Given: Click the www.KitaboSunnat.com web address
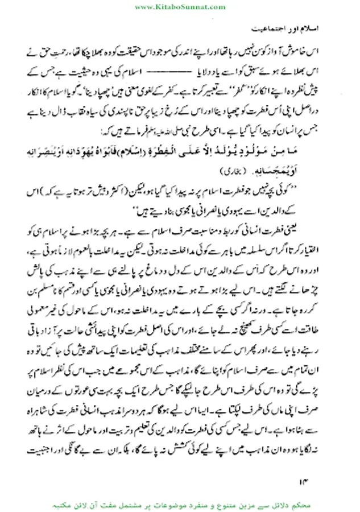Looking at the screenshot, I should point(180,6).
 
